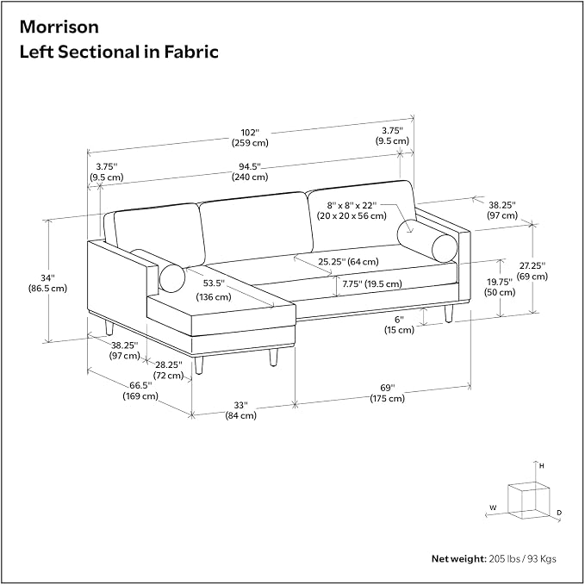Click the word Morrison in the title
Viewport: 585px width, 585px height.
click(x=59, y=27)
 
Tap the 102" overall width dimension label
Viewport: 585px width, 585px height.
click(x=250, y=138)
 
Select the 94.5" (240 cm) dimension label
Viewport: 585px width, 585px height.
click(x=250, y=171)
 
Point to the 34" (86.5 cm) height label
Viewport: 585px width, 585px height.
click(x=47, y=283)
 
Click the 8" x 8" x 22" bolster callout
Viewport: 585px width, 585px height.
click(x=352, y=210)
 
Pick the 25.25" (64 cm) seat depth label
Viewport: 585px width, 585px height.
click(x=348, y=262)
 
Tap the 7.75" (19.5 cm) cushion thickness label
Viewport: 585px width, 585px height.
click(x=372, y=284)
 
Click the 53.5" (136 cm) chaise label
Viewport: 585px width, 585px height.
click(x=214, y=289)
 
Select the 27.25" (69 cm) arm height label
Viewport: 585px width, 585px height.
click(x=532, y=271)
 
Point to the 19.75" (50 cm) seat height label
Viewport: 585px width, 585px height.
click(x=500, y=287)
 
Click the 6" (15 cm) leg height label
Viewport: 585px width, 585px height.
click(x=400, y=325)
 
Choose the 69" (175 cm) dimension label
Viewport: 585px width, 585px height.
click(x=387, y=393)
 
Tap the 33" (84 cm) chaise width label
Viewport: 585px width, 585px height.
click(x=240, y=410)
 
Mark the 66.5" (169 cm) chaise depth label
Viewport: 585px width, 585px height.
click(x=140, y=390)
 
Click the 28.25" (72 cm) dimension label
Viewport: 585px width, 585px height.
click(x=169, y=370)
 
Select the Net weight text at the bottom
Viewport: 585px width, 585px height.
click(x=494, y=558)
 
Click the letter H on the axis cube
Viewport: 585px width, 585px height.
click(x=542, y=466)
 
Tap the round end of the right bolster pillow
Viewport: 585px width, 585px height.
click(x=445, y=248)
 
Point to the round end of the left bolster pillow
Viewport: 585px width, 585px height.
click(x=172, y=278)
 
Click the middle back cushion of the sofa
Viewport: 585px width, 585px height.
click(x=257, y=228)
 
